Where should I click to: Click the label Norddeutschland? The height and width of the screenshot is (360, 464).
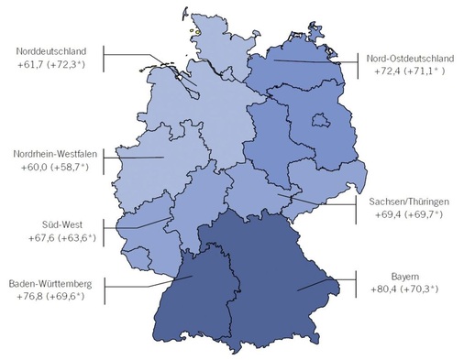(53, 51)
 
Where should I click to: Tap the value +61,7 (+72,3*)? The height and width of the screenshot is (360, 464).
(54, 66)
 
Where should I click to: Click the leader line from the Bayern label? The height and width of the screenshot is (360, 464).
(326, 281)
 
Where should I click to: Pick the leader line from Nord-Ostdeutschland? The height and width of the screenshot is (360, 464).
(312, 62)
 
